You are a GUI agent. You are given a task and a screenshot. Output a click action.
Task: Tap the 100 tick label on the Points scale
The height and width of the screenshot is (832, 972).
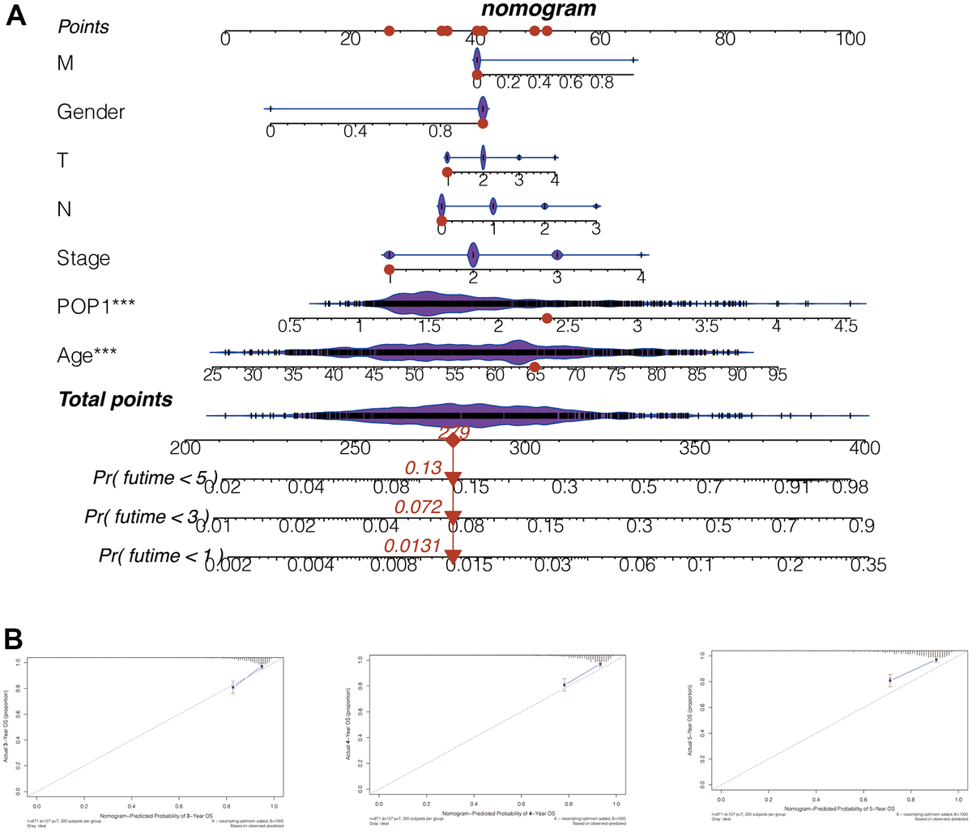pos(850,38)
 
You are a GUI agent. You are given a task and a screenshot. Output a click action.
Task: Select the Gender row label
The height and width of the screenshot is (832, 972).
pos(91,112)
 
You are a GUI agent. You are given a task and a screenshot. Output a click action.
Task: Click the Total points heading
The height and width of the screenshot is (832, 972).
pos(115,399)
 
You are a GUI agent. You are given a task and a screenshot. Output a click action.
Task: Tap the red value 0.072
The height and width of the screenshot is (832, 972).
pos(418,507)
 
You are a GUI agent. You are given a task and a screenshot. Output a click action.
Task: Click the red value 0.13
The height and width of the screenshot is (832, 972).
pos(422,468)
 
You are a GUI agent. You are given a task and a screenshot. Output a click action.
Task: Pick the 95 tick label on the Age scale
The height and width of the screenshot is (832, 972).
pos(777,376)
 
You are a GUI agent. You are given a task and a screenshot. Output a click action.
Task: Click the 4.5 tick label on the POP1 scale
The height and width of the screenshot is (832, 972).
pos(846,327)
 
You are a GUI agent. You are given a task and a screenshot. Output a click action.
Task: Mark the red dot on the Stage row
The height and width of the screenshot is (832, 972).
pos(390,270)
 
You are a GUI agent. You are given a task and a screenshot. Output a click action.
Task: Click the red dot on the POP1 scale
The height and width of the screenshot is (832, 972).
pos(547,318)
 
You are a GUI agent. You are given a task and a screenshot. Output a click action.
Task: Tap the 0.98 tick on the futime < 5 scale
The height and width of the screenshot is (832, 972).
pos(850,487)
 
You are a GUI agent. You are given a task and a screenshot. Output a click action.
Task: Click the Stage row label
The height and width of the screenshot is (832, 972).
pos(83,258)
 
